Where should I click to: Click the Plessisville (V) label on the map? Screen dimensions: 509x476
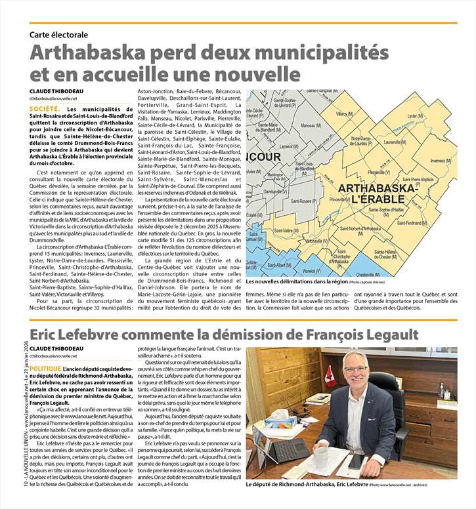click(377, 172)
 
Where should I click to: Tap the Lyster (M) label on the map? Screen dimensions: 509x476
click(415, 116)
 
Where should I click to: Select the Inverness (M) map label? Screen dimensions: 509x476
click(441, 161)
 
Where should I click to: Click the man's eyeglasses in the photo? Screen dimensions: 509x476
click(374, 369)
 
